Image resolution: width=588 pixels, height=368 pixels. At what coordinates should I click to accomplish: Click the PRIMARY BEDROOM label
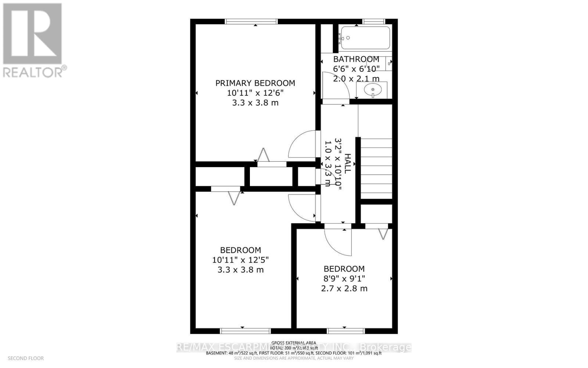tap(255, 83)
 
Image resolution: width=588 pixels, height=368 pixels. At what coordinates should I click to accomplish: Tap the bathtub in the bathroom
tap(365, 38)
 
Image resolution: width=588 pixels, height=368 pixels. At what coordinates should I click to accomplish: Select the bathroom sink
tap(372, 90)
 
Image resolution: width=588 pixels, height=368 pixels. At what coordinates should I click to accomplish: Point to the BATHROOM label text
tap(356, 59)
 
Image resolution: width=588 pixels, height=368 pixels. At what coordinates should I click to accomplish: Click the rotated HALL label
tap(348, 164)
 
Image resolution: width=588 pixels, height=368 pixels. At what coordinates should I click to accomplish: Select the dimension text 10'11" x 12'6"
tap(255, 93)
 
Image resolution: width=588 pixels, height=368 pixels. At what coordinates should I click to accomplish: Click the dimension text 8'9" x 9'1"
tap(344, 279)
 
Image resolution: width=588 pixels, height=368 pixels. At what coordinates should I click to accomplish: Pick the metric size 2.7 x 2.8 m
tap(344, 289)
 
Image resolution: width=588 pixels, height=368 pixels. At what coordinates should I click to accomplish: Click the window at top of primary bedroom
tap(251, 21)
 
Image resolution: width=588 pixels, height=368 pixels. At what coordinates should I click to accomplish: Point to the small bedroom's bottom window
tap(345, 331)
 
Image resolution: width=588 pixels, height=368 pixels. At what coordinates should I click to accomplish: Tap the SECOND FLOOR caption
tap(26, 358)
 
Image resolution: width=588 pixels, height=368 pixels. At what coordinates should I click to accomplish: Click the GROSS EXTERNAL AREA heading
tap(294, 343)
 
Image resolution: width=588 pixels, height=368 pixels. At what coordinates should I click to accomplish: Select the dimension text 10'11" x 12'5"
tap(240, 260)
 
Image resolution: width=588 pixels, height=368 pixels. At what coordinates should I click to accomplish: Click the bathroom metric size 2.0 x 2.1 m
tap(356, 79)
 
